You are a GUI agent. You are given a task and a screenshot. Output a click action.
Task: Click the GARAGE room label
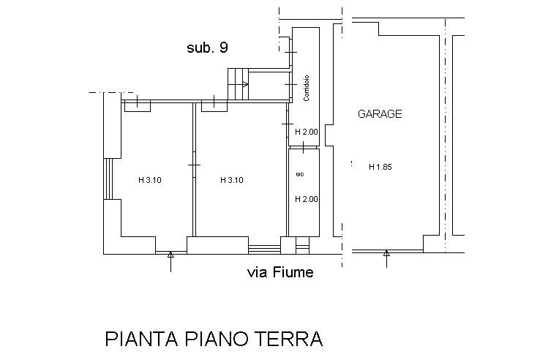[379, 114]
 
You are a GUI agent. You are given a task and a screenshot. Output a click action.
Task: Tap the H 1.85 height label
[380, 167]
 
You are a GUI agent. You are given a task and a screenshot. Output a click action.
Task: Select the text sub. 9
[207, 48]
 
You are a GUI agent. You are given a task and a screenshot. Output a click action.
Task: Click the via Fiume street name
[280, 273]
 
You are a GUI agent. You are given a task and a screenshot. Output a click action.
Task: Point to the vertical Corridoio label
[306, 88]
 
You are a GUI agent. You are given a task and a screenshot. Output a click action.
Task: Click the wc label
[299, 175]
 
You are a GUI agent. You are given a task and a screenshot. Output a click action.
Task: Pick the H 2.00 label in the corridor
[306, 132]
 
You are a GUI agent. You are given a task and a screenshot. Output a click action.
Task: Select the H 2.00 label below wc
[306, 199]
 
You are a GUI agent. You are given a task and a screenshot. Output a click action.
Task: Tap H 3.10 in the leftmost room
[149, 180]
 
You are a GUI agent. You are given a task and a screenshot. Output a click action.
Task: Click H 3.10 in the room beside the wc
[231, 180]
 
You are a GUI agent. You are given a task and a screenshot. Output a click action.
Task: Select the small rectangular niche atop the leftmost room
[137, 106]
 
